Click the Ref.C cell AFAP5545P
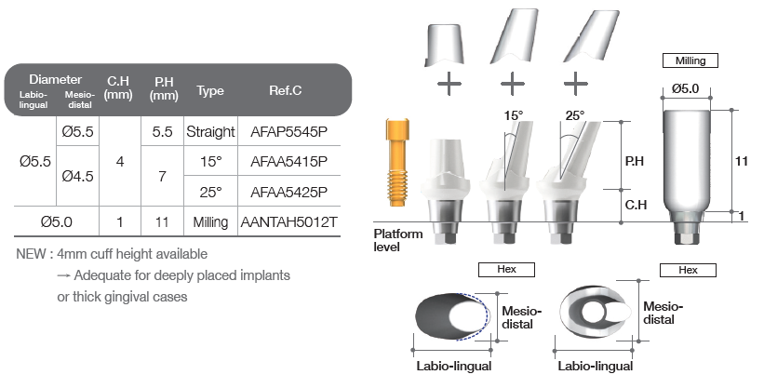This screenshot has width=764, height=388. (288, 131)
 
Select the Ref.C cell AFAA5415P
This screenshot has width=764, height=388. (288, 161)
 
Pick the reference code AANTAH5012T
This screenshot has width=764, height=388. (288, 222)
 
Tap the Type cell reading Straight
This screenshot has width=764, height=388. (210, 131)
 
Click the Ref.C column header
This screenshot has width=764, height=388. (285, 90)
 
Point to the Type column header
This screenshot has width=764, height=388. (210, 90)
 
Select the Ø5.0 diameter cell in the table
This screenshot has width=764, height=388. (57, 222)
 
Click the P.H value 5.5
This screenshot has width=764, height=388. (162, 131)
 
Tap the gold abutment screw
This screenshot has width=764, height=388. (397, 162)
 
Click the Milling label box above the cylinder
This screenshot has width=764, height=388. (690, 60)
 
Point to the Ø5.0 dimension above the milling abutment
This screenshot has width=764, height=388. (685, 88)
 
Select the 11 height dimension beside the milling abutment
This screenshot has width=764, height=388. (741, 161)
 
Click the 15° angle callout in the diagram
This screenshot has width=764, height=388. (514, 115)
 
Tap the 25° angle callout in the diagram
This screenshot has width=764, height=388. (575, 115)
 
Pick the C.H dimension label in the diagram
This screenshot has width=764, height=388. (636, 205)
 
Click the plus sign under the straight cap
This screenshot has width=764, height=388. (449, 84)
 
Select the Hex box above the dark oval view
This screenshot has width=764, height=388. (506, 270)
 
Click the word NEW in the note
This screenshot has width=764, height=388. (32, 254)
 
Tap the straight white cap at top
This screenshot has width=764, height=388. (444, 45)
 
